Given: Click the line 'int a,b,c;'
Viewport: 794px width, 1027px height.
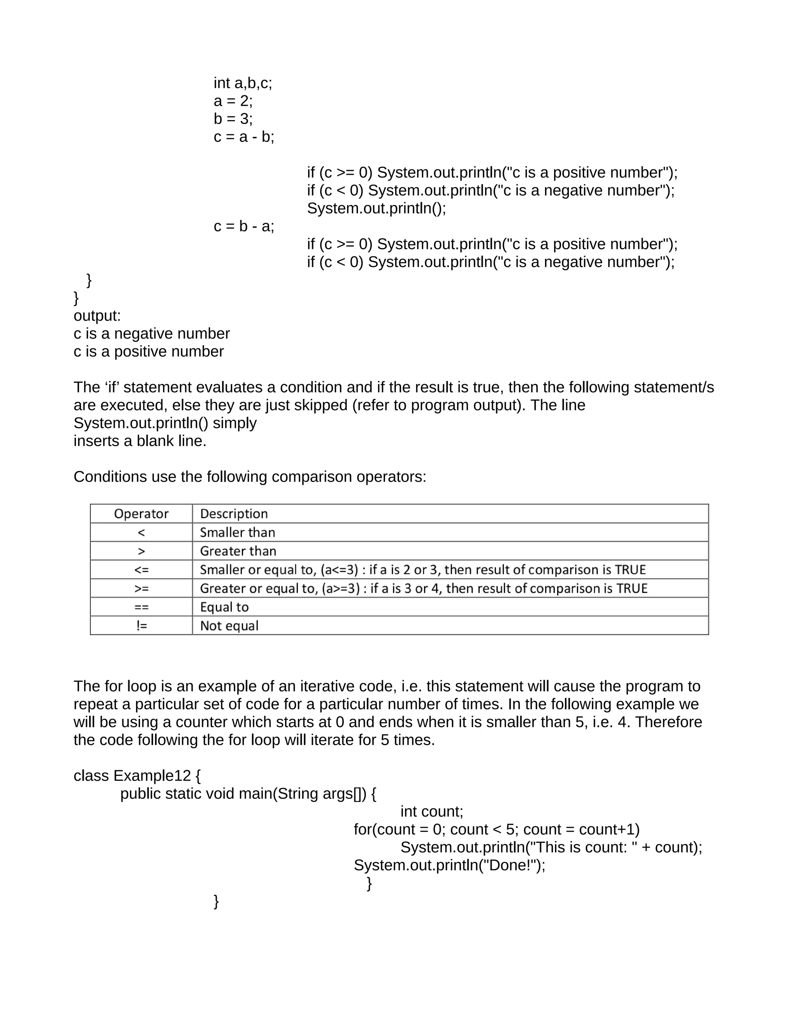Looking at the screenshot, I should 243,83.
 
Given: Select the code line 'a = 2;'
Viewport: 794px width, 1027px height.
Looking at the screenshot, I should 233,101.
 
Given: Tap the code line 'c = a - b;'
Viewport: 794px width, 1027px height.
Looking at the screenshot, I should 243,137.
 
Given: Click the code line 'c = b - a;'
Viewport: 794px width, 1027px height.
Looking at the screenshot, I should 243,226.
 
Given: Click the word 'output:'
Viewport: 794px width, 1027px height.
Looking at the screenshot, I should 97,315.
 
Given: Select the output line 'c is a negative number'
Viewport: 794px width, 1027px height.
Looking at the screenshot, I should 152,333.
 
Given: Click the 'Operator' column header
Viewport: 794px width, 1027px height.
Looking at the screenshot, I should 141,513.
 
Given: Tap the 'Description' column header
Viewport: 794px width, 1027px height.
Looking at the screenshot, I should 234,513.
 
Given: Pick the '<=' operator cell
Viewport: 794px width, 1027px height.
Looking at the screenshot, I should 141,569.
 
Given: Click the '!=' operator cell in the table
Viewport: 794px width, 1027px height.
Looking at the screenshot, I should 141,626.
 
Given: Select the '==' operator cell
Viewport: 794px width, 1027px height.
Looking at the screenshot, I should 141,607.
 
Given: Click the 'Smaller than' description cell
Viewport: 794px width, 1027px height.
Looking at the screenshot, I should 238,532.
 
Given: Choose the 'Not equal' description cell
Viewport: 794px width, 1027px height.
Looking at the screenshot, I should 229,626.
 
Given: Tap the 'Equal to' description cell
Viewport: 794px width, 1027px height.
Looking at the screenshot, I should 224,607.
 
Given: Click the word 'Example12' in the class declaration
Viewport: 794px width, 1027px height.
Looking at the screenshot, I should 152,775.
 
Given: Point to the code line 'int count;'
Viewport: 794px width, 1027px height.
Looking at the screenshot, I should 432,811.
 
